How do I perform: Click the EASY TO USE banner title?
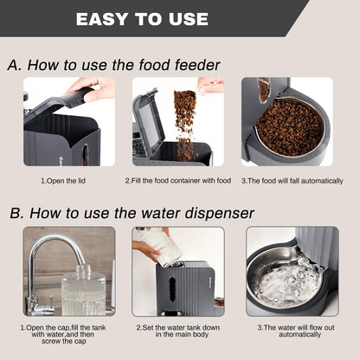[x=142, y=18]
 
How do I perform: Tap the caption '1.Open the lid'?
[x=68, y=181]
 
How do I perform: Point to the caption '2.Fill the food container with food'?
[x=177, y=181]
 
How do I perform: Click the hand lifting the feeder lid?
[x=94, y=87]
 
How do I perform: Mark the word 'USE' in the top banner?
[x=186, y=18]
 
